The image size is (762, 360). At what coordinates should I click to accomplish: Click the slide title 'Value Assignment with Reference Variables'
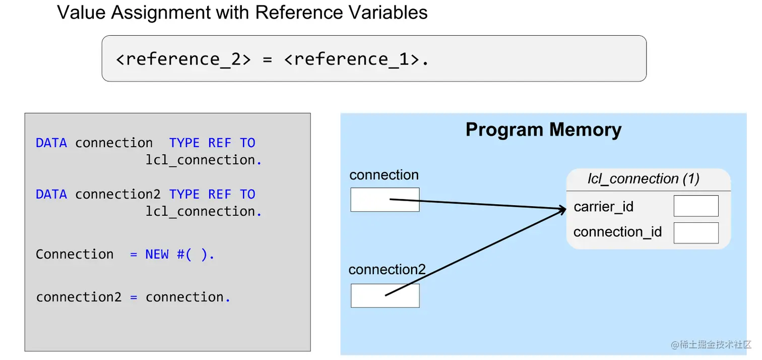coord(242,13)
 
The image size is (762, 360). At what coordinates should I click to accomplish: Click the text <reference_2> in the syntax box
coord(183,59)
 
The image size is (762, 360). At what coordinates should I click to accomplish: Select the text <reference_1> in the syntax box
coord(352,59)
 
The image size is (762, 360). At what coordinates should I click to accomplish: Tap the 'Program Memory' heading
coord(543,130)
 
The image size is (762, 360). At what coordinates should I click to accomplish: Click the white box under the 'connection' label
coord(385,200)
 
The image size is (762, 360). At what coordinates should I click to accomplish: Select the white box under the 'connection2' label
coord(385,295)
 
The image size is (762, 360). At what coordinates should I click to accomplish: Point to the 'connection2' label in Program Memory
coord(387,270)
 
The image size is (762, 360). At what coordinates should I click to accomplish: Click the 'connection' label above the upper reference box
coord(384,175)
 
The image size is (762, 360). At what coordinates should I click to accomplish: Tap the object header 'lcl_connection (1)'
coord(643,179)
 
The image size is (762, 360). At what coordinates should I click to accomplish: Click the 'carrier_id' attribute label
coord(603,207)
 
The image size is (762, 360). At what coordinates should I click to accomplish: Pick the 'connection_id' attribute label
coord(617,232)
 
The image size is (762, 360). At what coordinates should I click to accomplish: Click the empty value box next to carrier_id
coord(695,206)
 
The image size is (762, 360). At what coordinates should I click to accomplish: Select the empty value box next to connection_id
coord(695,233)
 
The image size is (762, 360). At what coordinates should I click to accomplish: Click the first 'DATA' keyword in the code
coord(51,143)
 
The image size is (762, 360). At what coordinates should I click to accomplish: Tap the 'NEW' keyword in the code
coord(157,255)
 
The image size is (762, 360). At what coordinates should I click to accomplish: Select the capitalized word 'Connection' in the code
coord(75,255)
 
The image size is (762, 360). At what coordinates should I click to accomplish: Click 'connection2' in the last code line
coord(79,297)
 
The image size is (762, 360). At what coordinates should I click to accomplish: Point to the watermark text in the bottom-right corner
coord(711,344)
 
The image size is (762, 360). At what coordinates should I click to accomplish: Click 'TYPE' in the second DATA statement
coord(184,195)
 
